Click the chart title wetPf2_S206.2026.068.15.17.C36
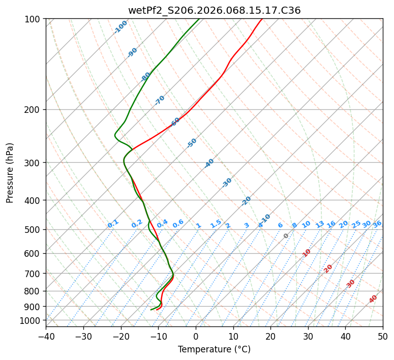point(214,10)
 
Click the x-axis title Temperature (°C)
point(214,350)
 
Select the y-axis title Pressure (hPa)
point(10,173)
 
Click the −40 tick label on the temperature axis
point(46,336)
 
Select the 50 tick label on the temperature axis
point(383,336)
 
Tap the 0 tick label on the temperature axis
point(196,336)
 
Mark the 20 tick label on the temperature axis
point(270,336)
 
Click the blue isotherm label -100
point(120,27)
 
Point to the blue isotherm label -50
point(192,143)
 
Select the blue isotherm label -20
point(246,201)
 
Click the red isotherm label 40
point(373,299)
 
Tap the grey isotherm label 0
point(286,236)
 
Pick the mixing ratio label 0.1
point(113,224)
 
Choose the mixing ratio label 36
point(377,224)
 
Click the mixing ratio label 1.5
point(216,223)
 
